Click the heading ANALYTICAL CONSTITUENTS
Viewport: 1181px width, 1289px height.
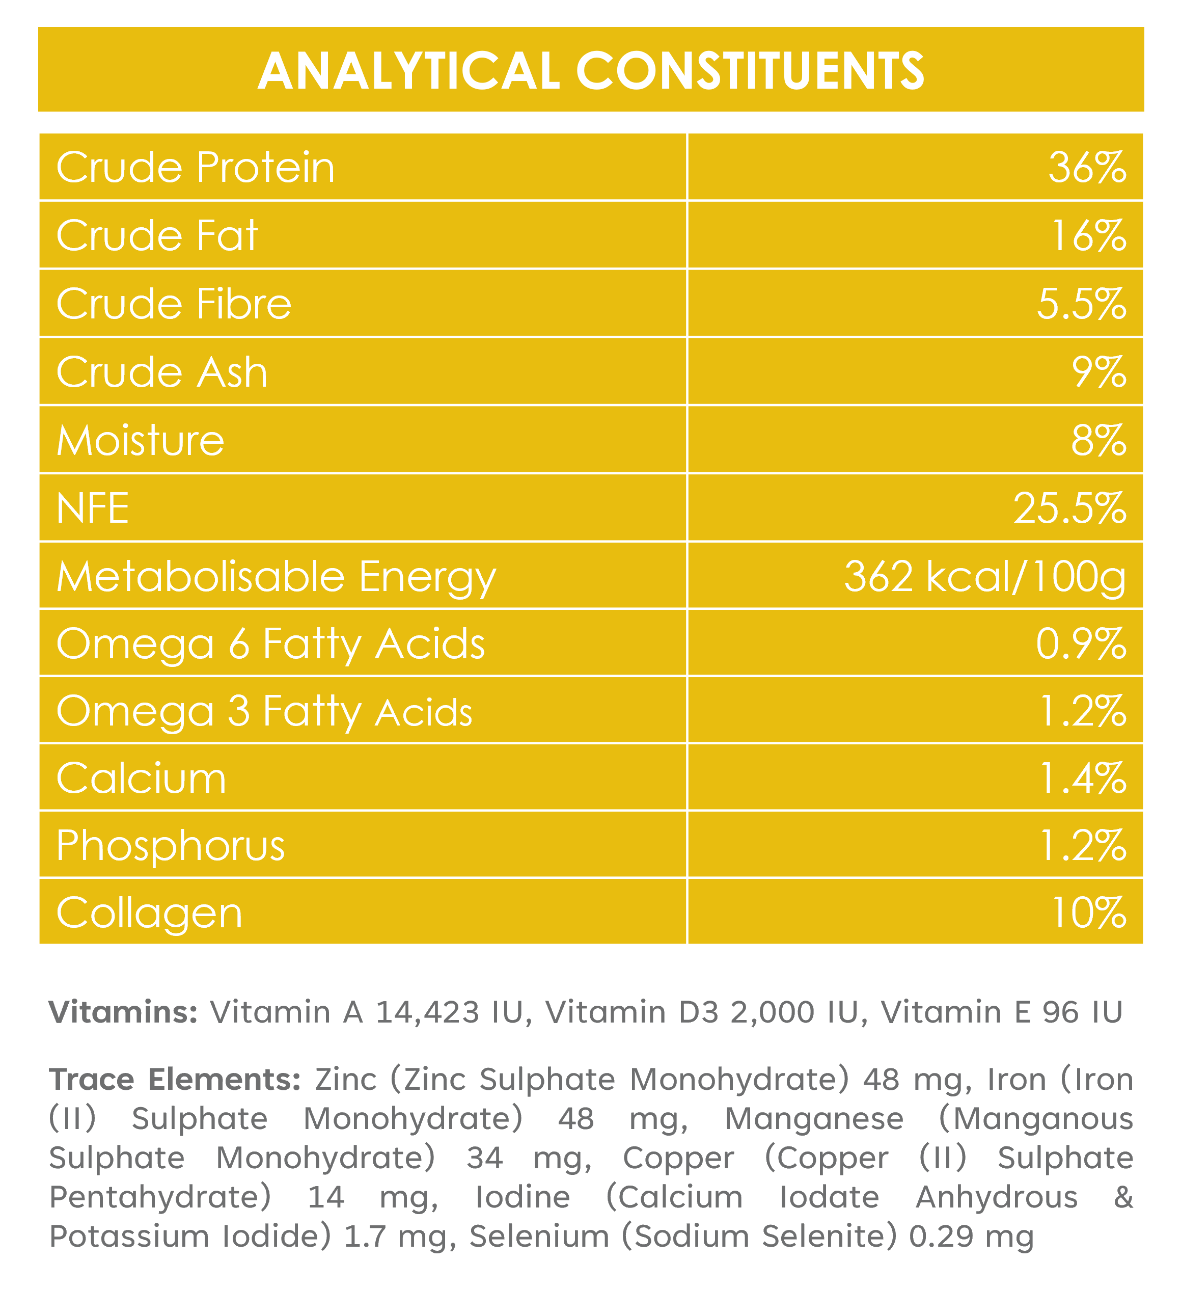[x=591, y=70]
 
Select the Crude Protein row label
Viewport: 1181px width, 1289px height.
[x=196, y=168]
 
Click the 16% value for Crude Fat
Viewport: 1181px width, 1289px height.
[x=1089, y=236]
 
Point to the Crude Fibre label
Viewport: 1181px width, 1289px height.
[x=174, y=303]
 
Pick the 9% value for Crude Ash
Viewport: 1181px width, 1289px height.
[x=1099, y=372]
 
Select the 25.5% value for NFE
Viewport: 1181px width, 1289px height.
[x=1070, y=509]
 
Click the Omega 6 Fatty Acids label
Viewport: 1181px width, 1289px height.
[x=271, y=644]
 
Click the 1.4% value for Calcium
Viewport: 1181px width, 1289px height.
[x=1084, y=779]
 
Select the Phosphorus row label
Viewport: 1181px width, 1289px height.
[x=171, y=847]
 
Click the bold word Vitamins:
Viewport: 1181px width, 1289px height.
[x=124, y=1013]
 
